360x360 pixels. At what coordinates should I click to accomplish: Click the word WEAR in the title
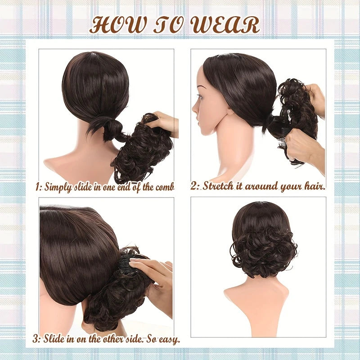pos(226,25)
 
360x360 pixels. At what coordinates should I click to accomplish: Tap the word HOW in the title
pos(117,25)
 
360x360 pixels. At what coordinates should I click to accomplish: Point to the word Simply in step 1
pos(58,188)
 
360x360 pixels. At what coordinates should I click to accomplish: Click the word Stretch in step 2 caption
pos(217,186)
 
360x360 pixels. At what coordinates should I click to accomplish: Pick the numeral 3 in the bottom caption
pos(36,339)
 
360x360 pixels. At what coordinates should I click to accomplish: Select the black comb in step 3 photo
pos(125,261)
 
